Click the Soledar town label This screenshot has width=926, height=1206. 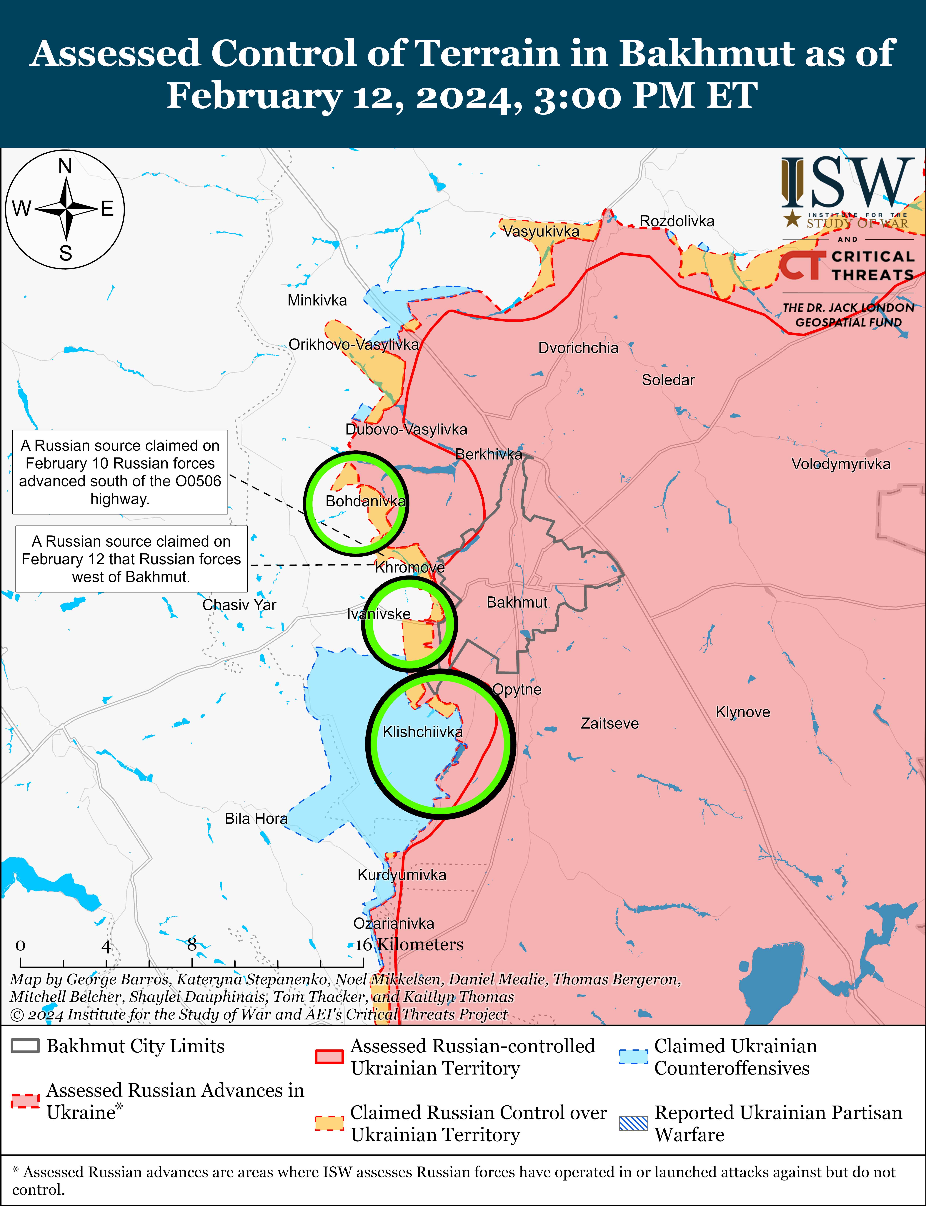coord(668,380)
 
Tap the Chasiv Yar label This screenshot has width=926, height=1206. coord(239,605)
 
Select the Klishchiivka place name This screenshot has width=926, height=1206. coord(423,732)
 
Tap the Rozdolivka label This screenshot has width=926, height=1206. coord(677,221)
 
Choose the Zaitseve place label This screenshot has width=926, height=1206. coord(610,724)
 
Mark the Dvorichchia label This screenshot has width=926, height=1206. coord(578,348)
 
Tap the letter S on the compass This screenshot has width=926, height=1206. coord(66,253)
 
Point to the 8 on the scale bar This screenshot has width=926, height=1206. coord(192,945)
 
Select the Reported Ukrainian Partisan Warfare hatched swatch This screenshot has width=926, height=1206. coord(633,1123)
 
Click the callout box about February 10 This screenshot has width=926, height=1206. coord(120,472)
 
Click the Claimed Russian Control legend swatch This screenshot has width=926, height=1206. coord(329,1123)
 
